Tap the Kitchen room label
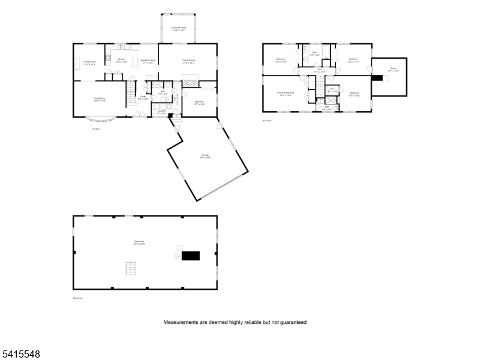121,60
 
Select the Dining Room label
89,62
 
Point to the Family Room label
188,60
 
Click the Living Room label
100,100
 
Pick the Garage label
205,156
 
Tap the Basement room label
139,243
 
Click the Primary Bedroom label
285,94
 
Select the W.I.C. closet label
332,91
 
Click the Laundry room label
161,112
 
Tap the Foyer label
143,97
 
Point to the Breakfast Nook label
148,61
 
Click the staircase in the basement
130,268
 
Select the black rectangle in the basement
190,256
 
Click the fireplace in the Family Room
190,83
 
